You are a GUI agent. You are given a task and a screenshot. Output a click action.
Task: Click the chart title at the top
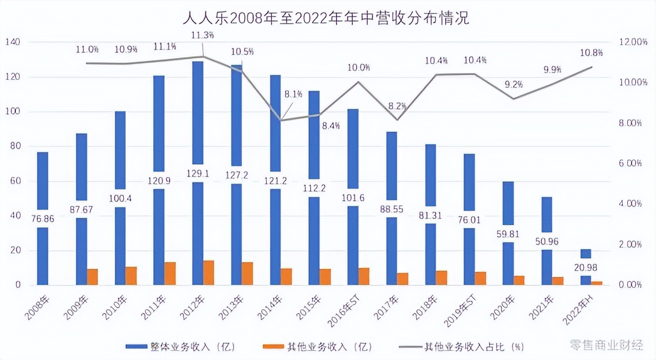(326, 18)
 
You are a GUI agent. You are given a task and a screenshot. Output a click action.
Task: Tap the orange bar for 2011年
(170, 273)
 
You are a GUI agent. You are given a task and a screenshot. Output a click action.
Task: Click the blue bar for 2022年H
(586, 254)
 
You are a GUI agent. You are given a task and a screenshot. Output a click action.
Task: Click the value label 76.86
(43, 218)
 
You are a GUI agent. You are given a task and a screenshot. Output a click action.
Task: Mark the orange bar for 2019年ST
(480, 278)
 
